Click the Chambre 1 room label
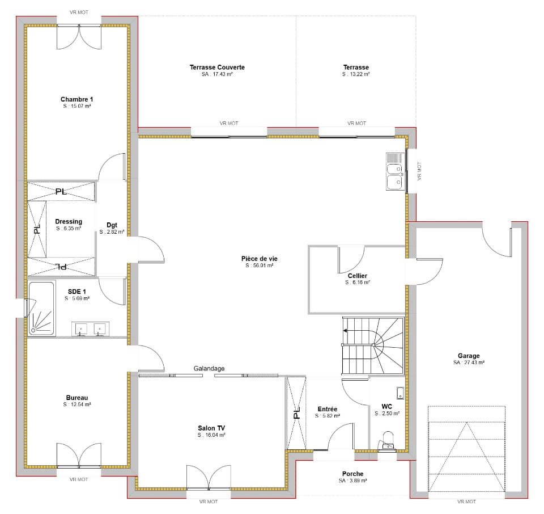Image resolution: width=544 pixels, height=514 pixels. coord(76,99)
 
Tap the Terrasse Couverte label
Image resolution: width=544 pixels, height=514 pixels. coord(217,68)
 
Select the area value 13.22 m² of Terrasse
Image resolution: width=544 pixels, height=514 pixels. coord(356,74)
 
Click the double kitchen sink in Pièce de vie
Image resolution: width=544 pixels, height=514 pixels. coord(396,171)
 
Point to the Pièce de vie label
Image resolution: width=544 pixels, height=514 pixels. coord(259,259)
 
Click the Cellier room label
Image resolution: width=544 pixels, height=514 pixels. coord(358,276)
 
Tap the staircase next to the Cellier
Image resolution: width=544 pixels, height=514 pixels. coord(373,346)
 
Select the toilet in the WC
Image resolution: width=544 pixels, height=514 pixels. coord(388,441)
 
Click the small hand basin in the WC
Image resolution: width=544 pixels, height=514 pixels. coord(401,393)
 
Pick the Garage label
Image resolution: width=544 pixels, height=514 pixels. coord(469,356)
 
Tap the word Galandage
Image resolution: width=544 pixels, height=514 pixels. coord(209,369)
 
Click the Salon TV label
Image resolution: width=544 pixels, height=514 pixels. coord(211,428)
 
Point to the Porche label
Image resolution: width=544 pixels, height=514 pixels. coord(353,474)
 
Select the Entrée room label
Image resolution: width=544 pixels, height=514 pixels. coord(328,410)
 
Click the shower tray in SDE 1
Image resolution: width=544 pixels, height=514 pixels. coord(41,309)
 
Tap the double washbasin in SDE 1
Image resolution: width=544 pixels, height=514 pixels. coord(91,328)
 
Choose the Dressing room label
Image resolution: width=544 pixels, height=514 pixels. coord(69,222)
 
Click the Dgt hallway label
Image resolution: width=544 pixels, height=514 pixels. coord(112,225)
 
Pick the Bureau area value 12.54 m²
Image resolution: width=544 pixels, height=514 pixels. coord(77,405)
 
